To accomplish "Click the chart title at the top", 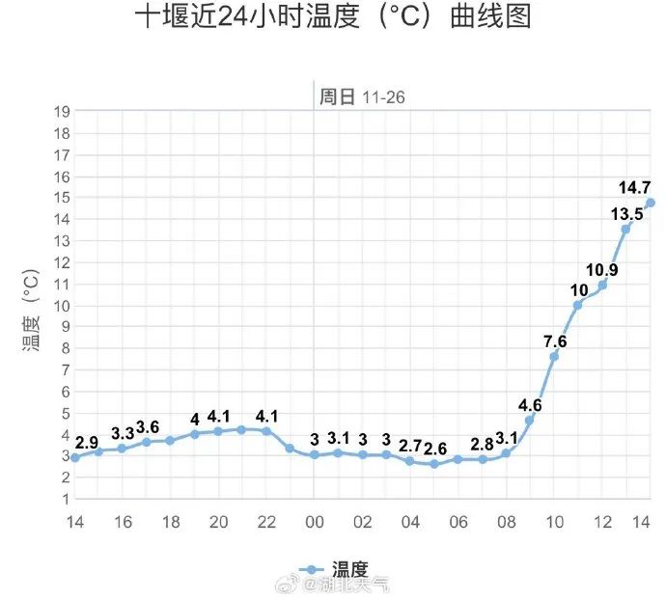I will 333,18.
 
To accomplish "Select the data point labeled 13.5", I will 625,229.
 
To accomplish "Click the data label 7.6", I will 555,341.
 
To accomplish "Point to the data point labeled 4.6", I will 529,421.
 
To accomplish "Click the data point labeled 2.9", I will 74,457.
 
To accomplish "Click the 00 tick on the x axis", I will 314,522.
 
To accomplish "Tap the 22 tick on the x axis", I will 266,522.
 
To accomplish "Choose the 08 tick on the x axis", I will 506,522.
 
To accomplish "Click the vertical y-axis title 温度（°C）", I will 32,307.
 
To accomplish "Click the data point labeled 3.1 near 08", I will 506,452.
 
